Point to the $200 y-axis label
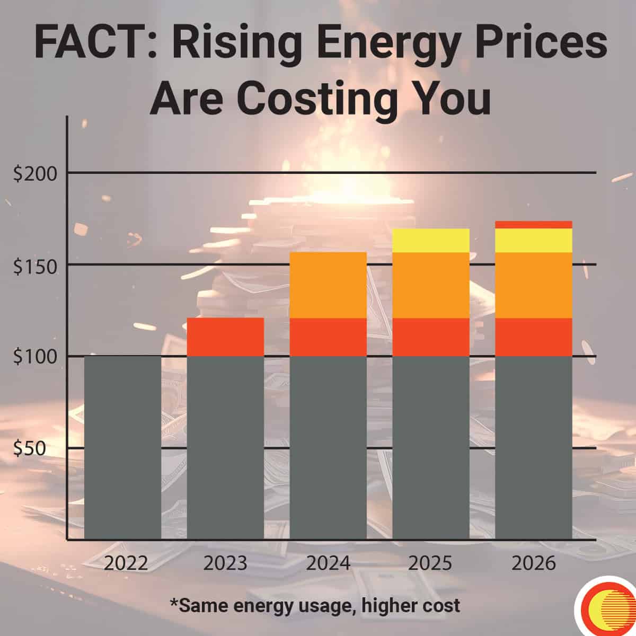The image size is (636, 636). (x=34, y=173)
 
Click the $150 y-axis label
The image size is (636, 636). (x=34, y=265)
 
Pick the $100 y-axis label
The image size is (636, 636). (x=34, y=357)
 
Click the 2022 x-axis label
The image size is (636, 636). (x=126, y=563)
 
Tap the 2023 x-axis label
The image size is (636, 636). (x=226, y=563)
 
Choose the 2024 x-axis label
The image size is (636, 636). (x=328, y=563)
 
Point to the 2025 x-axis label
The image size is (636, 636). (x=430, y=563)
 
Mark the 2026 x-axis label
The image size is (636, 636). (x=533, y=563)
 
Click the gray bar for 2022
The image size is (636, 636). (x=122, y=448)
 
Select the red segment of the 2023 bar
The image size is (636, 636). (x=225, y=337)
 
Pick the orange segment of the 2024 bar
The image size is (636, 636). (x=328, y=285)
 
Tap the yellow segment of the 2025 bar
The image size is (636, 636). (x=431, y=241)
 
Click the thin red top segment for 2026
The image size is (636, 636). (x=534, y=225)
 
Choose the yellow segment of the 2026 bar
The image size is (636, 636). (x=534, y=241)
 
